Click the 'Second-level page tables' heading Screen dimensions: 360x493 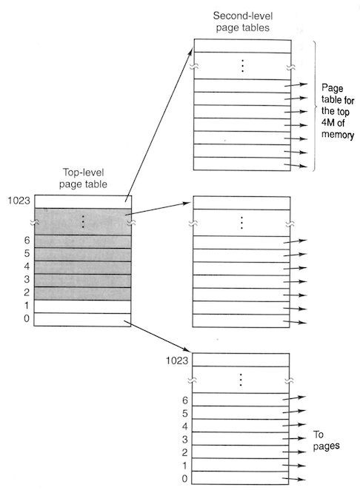coord(242,21)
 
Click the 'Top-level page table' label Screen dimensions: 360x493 coord(83,178)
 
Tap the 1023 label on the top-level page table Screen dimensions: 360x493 coord(19,201)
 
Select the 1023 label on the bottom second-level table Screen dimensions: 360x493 coord(177,360)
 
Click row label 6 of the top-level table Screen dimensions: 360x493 coord(27,241)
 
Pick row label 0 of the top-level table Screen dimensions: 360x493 coord(27,318)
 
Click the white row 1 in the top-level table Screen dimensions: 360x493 coord(82,306)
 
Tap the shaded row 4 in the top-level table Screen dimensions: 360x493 coord(82,267)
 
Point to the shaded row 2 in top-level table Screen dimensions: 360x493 coord(82,294)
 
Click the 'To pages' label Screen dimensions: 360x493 coord(327,440)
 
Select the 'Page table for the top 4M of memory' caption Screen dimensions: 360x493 coord(338,111)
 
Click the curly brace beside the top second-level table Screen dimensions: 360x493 coord(316,106)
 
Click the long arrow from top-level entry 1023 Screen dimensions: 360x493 coord(159,124)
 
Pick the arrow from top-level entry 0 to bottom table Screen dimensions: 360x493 coord(157,336)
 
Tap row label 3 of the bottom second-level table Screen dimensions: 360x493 coord(184,439)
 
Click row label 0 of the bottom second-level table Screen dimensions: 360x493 coord(184,478)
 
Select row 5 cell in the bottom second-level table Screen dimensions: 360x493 coord(241,412)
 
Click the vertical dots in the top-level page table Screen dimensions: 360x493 coord(83,222)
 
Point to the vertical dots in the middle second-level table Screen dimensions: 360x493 coord(241,223)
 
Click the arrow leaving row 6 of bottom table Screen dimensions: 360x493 coord(294,398)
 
